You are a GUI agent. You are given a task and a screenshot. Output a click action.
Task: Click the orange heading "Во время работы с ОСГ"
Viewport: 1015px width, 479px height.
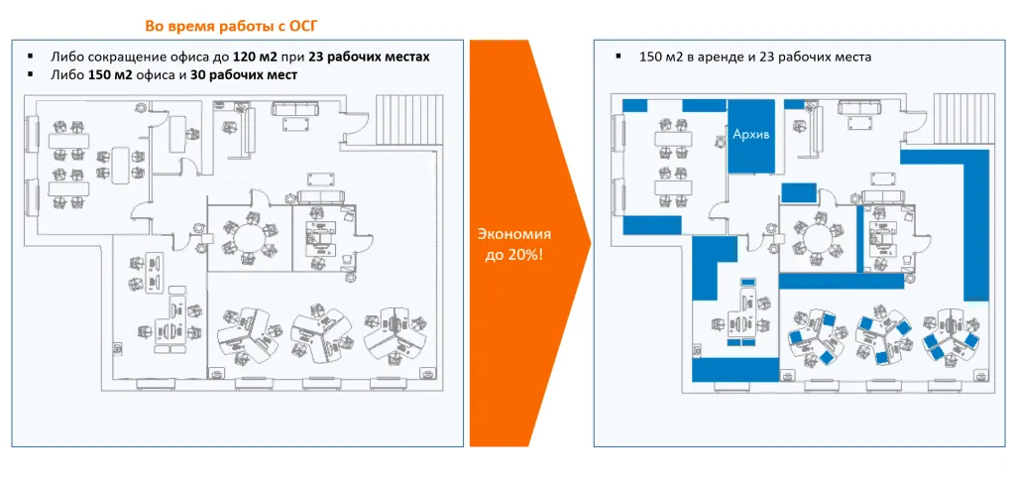coord(232,27)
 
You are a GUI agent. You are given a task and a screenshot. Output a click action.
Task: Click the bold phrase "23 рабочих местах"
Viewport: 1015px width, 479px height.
coord(369,57)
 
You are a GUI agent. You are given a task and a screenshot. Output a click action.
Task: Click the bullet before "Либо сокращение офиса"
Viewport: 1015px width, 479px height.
coord(29,57)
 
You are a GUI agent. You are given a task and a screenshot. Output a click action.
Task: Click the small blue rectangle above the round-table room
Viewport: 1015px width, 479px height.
coord(799,192)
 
